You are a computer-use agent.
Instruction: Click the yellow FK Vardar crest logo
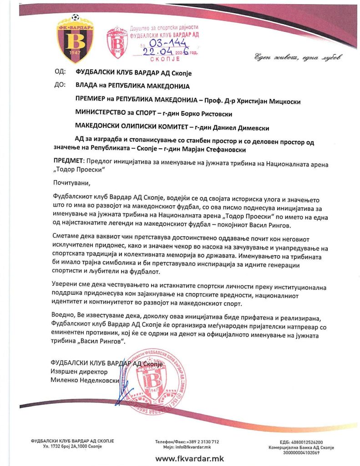coord(75,39)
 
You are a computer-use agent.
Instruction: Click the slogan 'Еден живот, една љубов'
coord(296,57)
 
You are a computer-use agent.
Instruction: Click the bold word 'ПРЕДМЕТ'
coord(68,162)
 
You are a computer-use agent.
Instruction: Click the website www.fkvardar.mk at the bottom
coord(189,459)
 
